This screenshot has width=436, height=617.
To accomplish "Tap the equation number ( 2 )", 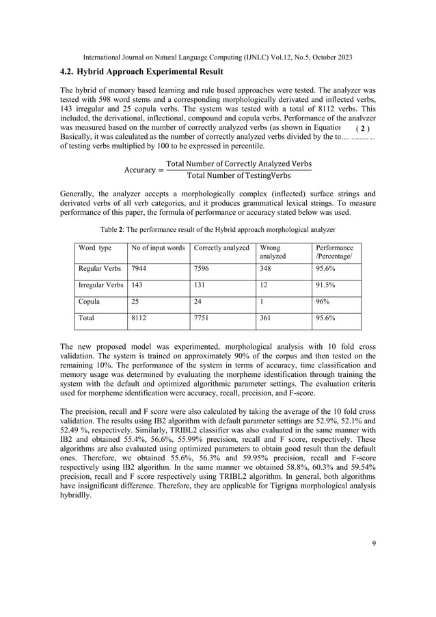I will (363, 129).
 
